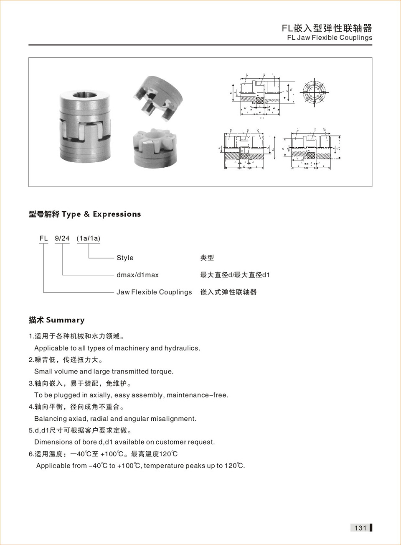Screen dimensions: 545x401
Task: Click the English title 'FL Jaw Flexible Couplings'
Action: pos(330,38)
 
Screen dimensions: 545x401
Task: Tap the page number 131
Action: pos(360,528)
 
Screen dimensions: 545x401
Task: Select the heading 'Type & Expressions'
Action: pos(102,214)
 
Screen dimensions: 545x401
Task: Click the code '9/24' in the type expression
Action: pos(62,238)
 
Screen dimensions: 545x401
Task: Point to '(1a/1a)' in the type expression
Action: pos(88,238)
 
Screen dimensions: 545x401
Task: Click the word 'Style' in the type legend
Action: pos(125,258)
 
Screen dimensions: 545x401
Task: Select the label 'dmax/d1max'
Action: pos(137,275)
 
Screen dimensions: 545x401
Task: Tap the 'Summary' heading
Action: pos(65,320)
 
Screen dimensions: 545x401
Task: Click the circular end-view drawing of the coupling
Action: pos(315,92)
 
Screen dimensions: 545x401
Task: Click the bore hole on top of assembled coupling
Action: pos(84,95)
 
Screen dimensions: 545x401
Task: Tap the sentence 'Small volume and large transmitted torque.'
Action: pos(104,371)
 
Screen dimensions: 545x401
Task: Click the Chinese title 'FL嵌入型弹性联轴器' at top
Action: pos(327,28)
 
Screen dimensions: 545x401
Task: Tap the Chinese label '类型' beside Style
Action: pos(207,258)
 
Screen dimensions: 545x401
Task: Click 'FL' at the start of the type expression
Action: pos(43,238)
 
